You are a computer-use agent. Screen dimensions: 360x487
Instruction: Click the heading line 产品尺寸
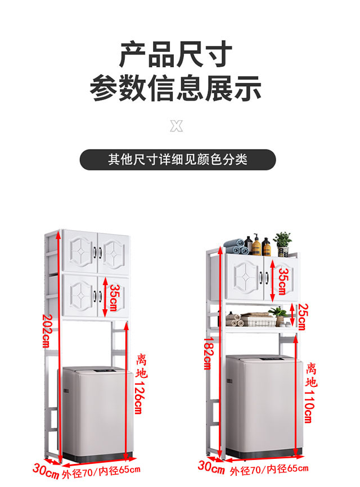click(176, 55)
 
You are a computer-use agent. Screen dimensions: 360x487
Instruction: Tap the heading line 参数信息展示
click(176, 89)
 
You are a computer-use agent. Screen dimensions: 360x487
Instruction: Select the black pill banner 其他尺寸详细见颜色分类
click(178, 159)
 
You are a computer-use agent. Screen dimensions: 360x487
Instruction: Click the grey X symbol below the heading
click(177, 125)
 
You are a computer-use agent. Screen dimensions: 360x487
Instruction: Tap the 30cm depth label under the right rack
click(211, 466)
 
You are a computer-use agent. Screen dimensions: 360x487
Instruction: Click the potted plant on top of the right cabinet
click(282, 243)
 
